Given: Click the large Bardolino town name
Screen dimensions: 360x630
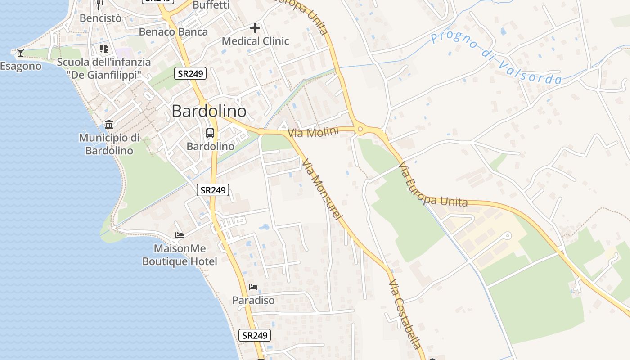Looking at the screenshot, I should click(209, 111).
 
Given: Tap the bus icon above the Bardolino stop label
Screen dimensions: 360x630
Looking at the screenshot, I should click(210, 133).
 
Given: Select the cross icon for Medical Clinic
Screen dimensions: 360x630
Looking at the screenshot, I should click(255, 28).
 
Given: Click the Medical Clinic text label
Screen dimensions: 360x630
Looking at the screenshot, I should click(255, 41).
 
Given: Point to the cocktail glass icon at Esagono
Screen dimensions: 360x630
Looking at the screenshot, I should click(21, 53).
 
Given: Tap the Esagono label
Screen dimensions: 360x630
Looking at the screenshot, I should click(21, 66).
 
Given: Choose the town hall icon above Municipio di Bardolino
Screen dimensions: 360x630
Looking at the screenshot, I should click(109, 124).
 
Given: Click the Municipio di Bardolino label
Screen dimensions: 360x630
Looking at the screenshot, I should click(109, 144).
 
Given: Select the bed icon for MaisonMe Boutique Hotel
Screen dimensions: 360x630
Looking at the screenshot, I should click(180, 235).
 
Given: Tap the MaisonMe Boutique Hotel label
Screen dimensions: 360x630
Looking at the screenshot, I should click(180, 255).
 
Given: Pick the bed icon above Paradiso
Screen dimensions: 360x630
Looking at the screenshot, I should click(253, 287).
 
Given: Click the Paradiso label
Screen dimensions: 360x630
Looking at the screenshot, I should click(253, 300).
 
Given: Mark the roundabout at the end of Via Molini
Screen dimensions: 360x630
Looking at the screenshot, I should click(360, 130).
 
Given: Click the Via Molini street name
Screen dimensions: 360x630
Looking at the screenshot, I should click(313, 132).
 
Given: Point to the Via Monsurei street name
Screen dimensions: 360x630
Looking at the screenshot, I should click(322, 189).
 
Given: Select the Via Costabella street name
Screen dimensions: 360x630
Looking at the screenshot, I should click(405, 314).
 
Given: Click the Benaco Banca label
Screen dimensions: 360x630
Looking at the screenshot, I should click(173, 32).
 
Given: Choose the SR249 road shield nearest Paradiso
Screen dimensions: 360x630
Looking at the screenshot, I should click(255, 335).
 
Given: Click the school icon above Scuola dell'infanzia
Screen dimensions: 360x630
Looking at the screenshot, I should click(104, 48).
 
